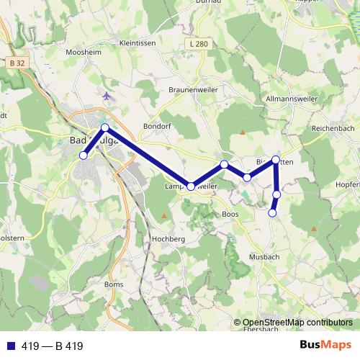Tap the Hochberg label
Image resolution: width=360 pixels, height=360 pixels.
(169, 238)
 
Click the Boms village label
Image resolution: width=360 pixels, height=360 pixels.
(114, 284)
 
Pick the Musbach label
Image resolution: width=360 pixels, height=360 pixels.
(263, 256)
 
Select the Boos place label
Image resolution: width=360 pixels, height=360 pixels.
(230, 214)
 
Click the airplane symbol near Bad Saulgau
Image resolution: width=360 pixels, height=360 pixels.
(107, 95)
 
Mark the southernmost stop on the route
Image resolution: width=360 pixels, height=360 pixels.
(272, 212)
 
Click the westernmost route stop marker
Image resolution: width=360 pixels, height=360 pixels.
(84, 155)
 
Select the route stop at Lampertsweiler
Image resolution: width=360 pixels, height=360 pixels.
(191, 186)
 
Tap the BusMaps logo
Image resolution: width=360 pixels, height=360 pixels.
(325, 345)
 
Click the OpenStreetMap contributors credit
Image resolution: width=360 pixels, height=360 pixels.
(297, 322)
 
